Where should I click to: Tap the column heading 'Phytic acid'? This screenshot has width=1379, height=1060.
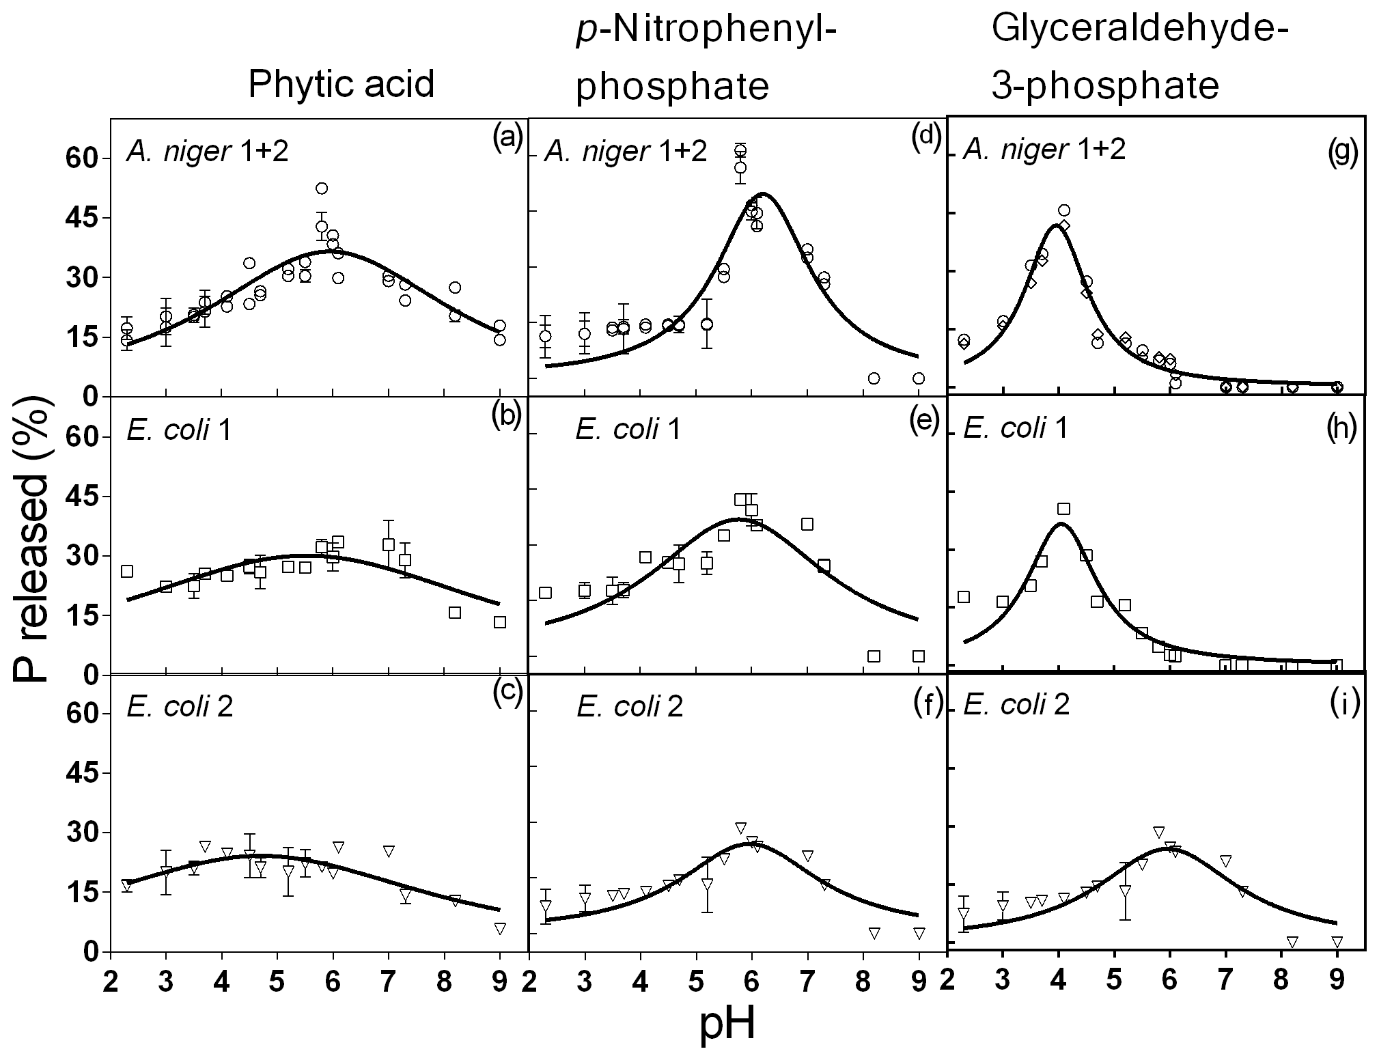coord(341,85)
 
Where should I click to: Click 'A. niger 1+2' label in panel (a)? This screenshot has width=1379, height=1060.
coord(207,151)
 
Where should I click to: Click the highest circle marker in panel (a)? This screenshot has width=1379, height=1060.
coord(322,188)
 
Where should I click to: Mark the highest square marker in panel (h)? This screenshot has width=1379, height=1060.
coord(1063,508)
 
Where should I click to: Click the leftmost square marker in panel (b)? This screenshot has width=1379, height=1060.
coord(127,571)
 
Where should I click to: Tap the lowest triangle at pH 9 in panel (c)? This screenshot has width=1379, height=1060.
coord(500,929)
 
